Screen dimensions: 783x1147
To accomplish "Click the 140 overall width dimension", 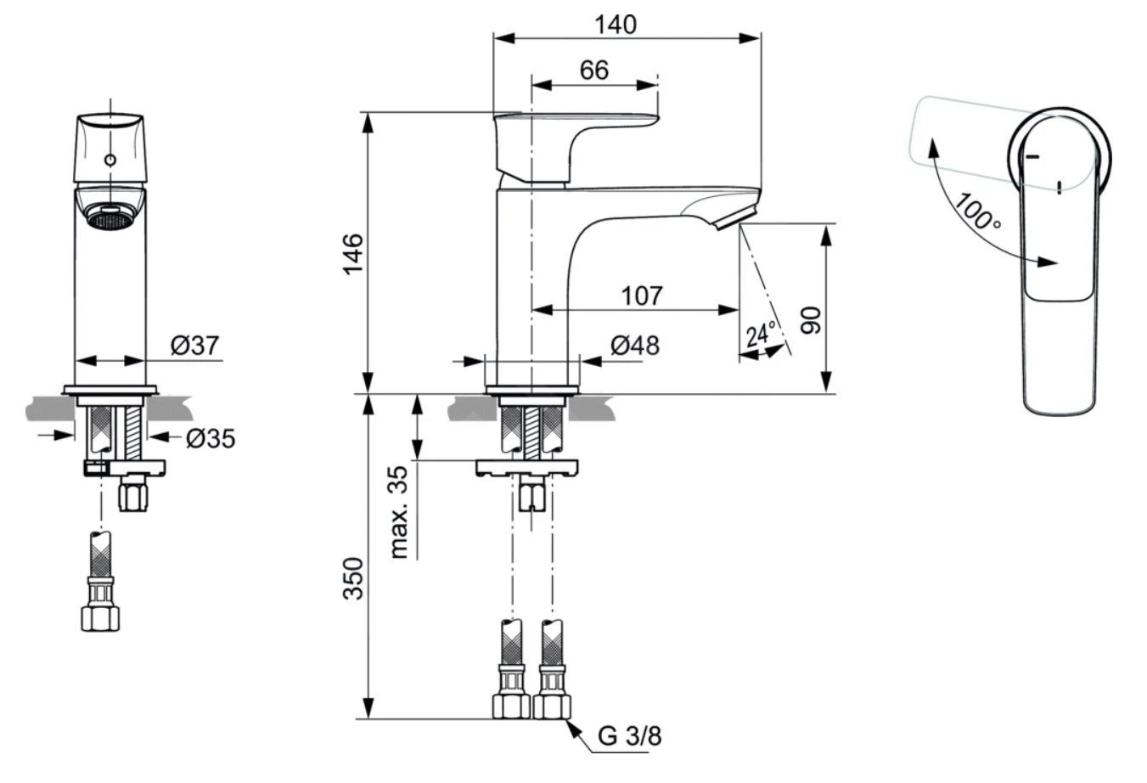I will [615, 25].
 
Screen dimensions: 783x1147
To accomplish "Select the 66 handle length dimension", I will [593, 70].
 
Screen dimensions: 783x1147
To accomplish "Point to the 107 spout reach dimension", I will [641, 296].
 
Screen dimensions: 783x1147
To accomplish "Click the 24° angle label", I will [761, 334].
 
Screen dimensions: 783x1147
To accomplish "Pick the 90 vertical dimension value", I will [812, 320].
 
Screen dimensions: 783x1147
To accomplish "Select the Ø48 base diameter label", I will [634, 346].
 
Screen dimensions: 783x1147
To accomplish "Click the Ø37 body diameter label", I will [194, 346].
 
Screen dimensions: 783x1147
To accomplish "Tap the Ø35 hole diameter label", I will [210, 438].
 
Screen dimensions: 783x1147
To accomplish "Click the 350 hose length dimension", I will [352, 578].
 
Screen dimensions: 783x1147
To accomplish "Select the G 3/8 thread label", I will [628, 736].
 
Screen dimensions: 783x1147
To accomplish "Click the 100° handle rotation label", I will [978, 211].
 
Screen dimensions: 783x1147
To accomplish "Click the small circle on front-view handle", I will [110, 160].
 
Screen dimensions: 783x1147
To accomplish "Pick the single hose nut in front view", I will [100, 617].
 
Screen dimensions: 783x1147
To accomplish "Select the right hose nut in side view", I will [552, 706].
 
